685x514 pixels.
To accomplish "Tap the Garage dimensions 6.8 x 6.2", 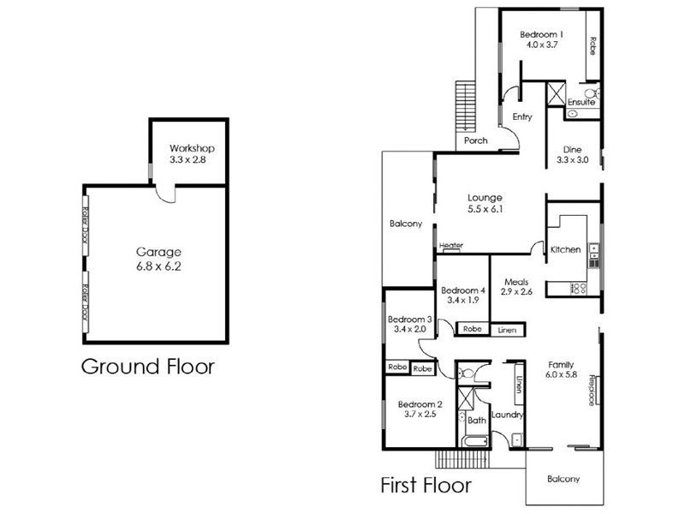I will click(x=158, y=266).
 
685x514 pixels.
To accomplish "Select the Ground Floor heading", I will click(x=147, y=368).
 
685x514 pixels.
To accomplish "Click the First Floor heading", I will click(x=426, y=486).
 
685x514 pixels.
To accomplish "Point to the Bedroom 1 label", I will click(x=541, y=35).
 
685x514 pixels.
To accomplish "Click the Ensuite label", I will click(x=581, y=103).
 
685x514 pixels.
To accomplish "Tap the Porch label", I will click(x=475, y=140).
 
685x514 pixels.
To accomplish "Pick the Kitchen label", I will click(x=565, y=249).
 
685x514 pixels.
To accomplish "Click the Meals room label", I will click(x=517, y=282).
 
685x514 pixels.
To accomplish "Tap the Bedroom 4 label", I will click(x=463, y=290).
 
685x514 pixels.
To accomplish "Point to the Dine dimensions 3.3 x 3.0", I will click(x=573, y=159).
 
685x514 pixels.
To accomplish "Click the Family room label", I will click(x=563, y=363).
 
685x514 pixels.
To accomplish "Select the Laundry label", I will click(x=507, y=415).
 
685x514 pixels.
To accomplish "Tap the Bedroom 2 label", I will click(x=420, y=404).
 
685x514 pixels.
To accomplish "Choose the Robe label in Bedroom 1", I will click(x=591, y=45).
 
